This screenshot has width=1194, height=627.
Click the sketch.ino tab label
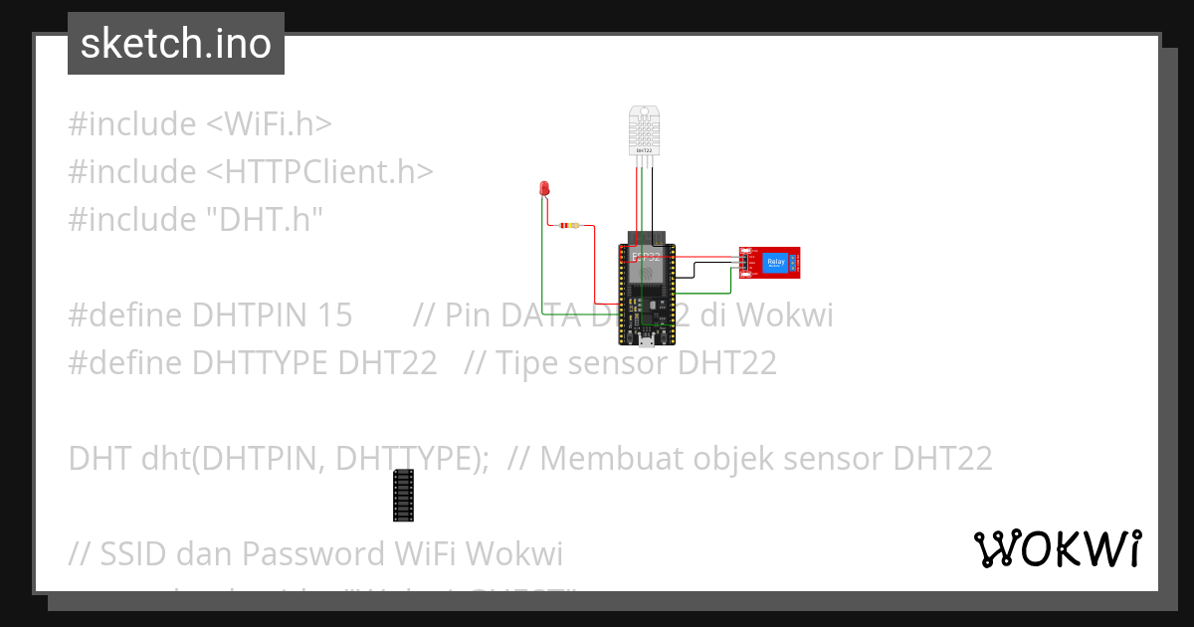(x=175, y=44)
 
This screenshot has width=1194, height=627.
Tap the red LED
(x=544, y=188)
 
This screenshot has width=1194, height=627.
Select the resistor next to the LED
(x=568, y=226)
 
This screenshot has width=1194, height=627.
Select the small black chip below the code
(x=403, y=495)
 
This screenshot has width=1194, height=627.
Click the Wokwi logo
(x=1057, y=548)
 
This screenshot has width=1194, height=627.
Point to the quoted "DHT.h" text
(x=263, y=220)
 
